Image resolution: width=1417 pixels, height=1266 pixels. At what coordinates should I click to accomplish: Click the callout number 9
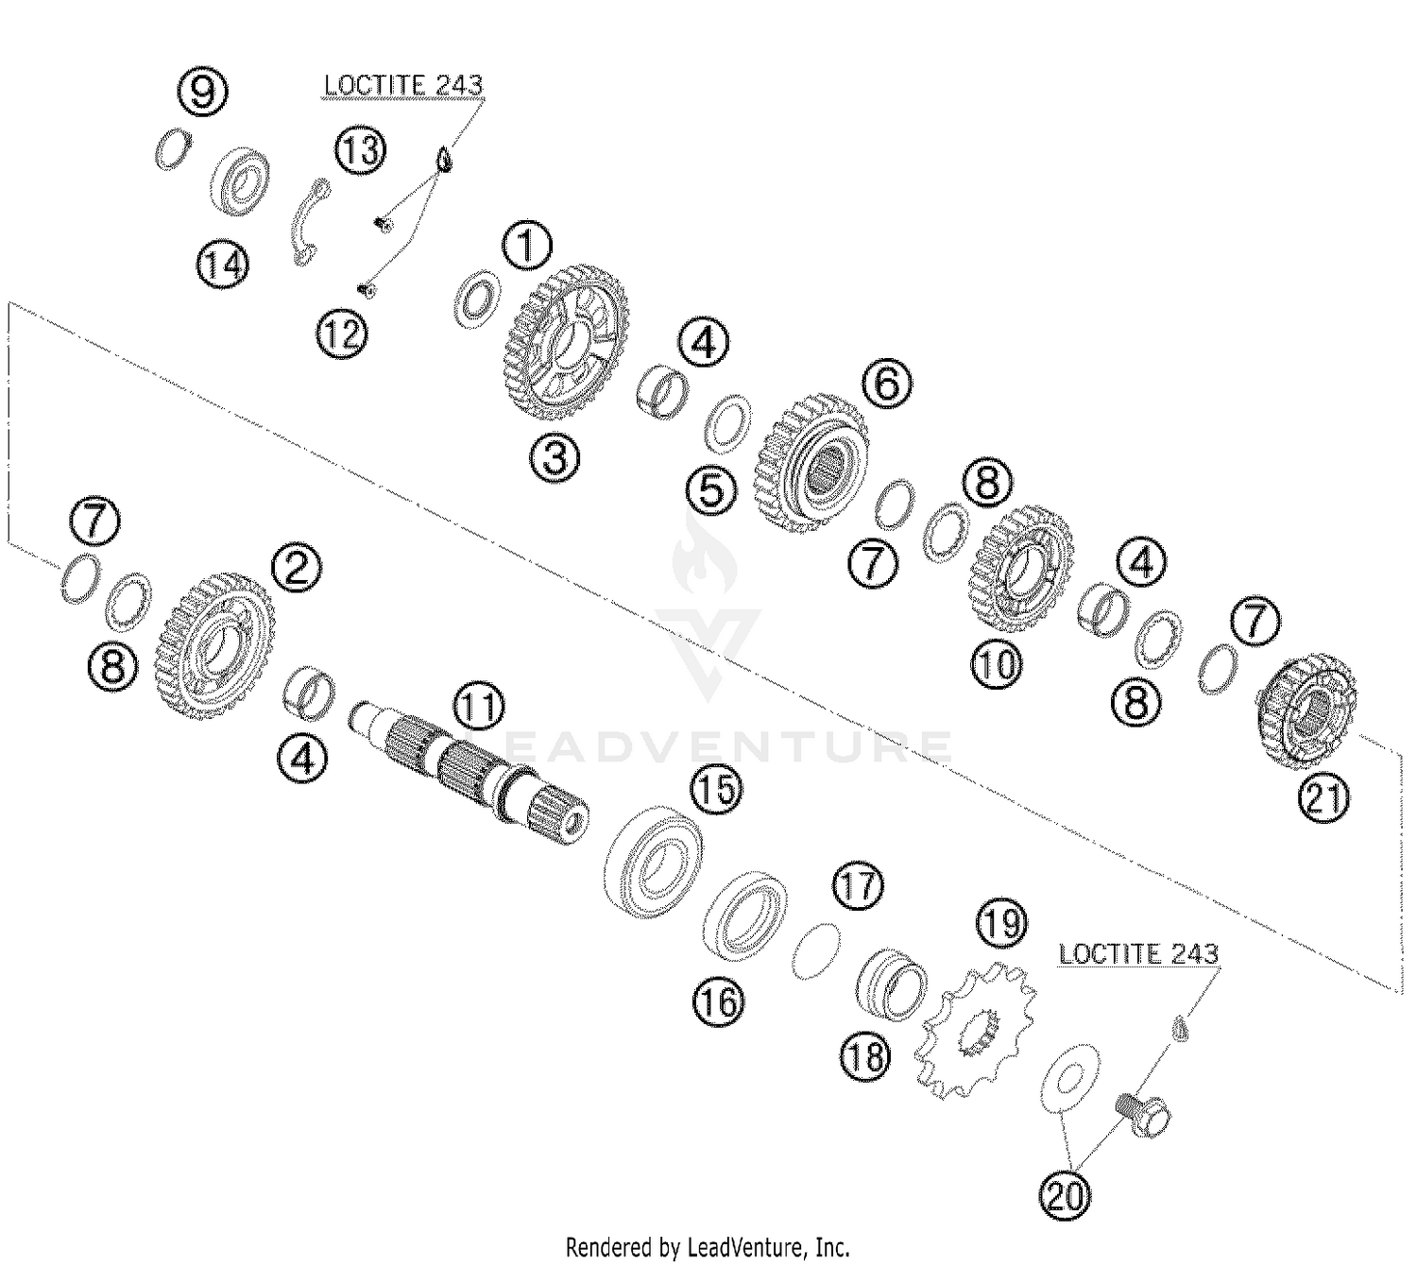205,93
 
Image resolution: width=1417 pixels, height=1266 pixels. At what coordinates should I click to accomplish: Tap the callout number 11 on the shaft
478,709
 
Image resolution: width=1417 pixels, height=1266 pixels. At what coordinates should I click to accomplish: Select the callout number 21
1323,798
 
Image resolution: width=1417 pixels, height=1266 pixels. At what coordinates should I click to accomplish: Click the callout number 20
1065,1197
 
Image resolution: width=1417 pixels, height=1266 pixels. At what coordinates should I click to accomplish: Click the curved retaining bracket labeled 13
308,222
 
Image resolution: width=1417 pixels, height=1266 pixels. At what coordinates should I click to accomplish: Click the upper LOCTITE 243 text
403,85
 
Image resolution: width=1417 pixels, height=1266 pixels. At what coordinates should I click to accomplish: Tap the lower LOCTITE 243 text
1137,954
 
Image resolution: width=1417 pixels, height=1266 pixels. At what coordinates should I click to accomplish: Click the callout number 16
718,1001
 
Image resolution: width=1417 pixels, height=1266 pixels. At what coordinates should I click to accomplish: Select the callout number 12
341,333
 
